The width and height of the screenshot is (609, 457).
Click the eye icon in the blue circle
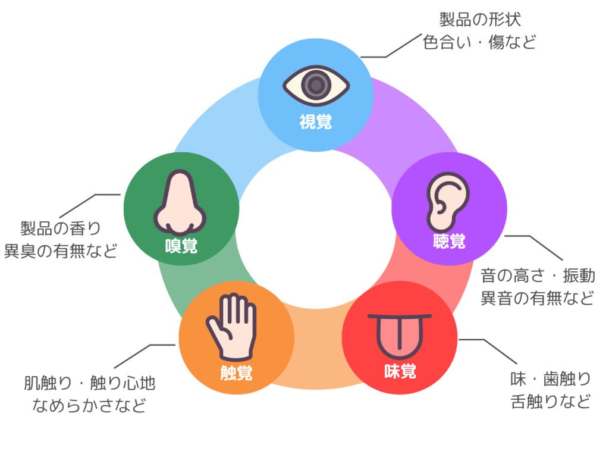coord(316,84)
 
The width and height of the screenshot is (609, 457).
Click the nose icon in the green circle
coord(180,202)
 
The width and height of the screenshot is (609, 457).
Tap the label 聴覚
coord(449,242)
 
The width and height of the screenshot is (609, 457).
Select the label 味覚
coord(400,372)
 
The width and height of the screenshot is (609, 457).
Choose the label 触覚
coord(236,373)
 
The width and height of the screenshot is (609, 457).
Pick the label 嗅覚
coord(181,245)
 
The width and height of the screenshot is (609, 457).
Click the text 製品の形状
coord(480,20)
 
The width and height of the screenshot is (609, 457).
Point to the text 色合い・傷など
coord(480,42)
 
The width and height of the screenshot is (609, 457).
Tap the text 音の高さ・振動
coord(538,276)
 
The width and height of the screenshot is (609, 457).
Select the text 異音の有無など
coord(538,298)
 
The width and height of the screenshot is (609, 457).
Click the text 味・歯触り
coord(551,378)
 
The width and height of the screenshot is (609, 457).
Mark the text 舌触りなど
coord(551,401)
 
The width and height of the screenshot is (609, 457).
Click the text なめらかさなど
coord(90,406)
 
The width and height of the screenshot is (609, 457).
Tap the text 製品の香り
coord(61,227)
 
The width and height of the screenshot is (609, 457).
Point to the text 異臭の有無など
coord(61,250)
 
